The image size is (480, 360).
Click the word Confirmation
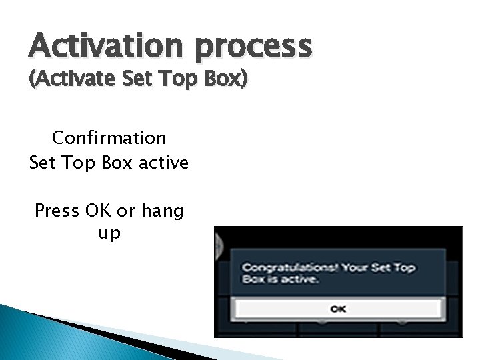point(109,138)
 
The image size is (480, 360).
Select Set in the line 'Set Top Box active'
point(42,162)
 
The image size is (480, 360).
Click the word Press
point(59,211)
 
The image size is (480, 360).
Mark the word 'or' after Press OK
point(126,211)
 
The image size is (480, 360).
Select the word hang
point(161,211)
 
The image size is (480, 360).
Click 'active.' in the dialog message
point(300,280)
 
